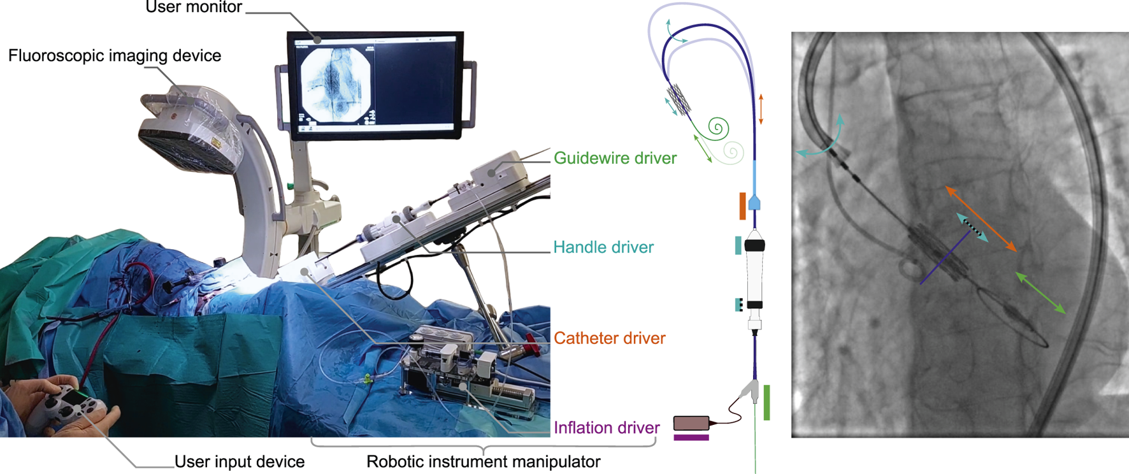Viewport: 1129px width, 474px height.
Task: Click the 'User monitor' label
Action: (x=194, y=8)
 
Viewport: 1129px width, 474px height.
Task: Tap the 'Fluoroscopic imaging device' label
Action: (x=115, y=55)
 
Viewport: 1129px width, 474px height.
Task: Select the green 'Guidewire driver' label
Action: (x=615, y=158)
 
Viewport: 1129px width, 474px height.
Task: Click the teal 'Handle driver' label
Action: (x=603, y=247)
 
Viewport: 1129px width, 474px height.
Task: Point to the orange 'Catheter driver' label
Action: (x=609, y=338)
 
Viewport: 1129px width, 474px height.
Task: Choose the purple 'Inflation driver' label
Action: (x=606, y=427)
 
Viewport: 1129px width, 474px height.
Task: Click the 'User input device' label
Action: (x=240, y=461)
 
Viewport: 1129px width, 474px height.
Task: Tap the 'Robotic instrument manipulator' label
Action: (x=483, y=461)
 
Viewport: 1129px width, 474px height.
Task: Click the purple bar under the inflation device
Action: (x=691, y=438)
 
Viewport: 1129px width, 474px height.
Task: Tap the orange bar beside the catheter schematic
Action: (x=742, y=206)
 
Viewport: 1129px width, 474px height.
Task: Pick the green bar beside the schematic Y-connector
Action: (x=766, y=403)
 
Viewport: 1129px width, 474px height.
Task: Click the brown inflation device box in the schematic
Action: (x=691, y=422)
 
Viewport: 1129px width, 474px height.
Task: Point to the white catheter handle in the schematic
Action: (x=754, y=274)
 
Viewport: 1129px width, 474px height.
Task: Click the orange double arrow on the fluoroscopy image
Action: (x=981, y=219)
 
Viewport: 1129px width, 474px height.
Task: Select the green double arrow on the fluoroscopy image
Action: (x=1040, y=292)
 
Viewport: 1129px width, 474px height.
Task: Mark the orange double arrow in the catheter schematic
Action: (x=761, y=109)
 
